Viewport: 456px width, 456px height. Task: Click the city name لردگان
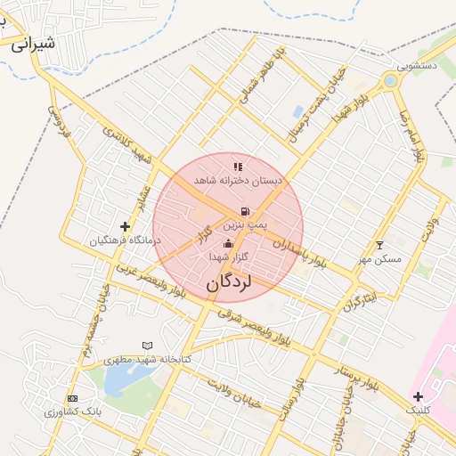(229, 283)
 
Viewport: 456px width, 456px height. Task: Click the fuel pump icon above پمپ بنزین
(243, 212)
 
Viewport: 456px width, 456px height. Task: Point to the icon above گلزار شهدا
(228, 243)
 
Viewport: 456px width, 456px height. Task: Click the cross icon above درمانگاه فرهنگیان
(125, 227)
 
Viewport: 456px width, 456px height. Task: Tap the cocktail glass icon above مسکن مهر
(380, 245)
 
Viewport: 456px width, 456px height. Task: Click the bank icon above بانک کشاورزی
(72, 398)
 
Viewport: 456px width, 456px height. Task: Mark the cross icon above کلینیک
(418, 395)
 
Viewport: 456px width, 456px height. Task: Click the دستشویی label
(417, 65)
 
